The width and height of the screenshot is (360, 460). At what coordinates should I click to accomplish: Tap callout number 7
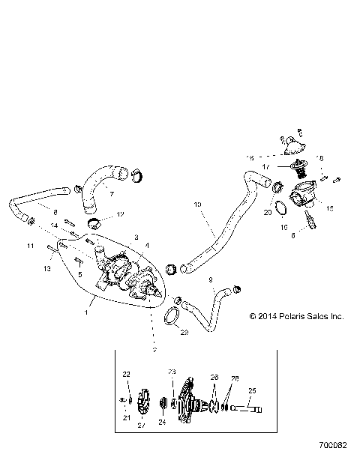click(112, 193)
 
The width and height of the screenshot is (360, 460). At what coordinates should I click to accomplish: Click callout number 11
click(31, 245)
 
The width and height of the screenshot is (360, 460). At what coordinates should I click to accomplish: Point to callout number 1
click(87, 312)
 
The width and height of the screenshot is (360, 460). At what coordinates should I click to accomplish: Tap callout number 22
click(126, 374)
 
